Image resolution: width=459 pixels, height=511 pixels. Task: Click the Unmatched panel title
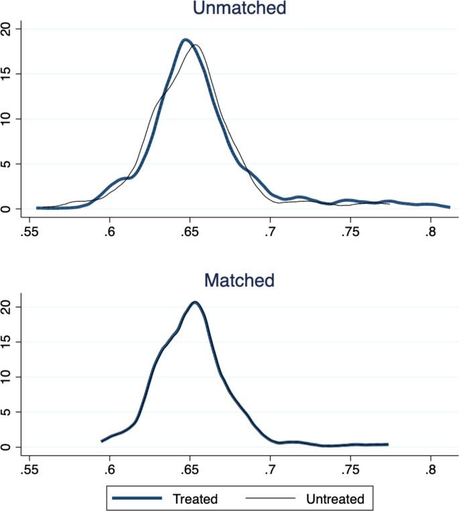click(239, 8)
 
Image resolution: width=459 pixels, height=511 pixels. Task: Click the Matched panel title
click(239, 280)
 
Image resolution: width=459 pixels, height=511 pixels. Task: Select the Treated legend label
click(195, 498)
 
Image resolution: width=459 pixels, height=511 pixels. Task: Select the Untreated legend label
click(334, 498)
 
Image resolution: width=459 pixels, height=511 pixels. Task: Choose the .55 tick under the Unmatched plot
click(29, 232)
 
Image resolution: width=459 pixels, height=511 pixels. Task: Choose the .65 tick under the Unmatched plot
click(190, 232)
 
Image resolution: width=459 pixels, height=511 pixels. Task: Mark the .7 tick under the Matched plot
click(270, 469)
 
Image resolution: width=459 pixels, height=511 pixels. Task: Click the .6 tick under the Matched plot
click(109, 469)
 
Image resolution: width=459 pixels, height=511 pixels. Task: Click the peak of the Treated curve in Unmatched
click(186, 40)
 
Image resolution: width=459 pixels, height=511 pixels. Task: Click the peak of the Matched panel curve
click(195, 302)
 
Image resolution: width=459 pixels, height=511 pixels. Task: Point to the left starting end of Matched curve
click(102, 441)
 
